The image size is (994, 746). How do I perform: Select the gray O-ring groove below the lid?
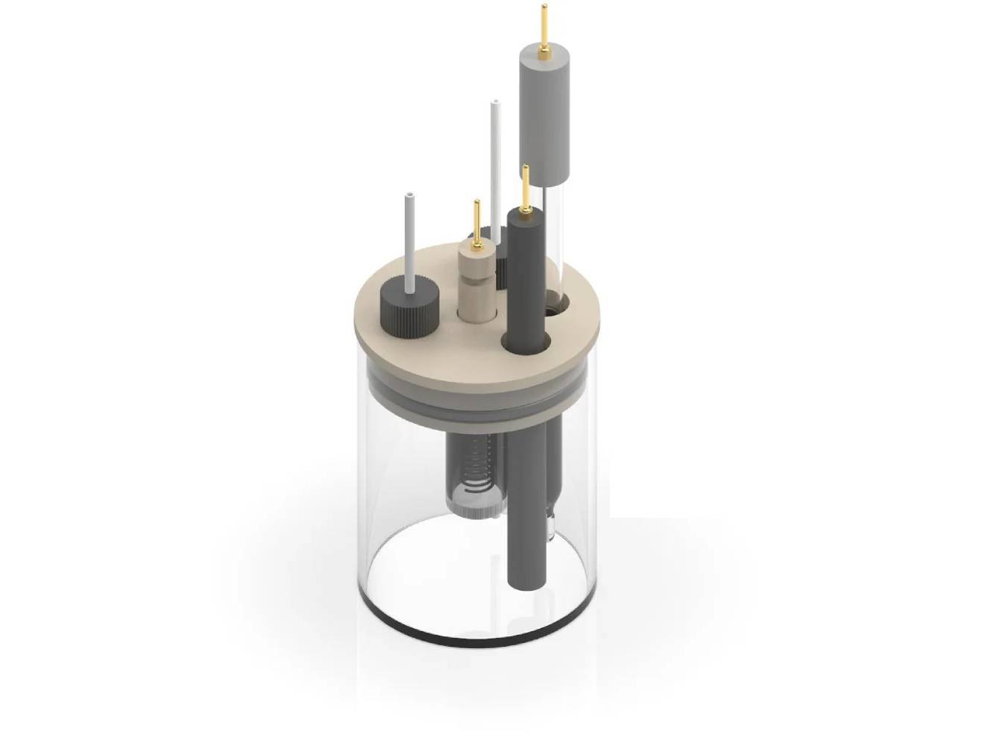tap(477, 398)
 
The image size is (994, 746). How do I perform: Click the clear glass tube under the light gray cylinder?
tap(555, 239)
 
